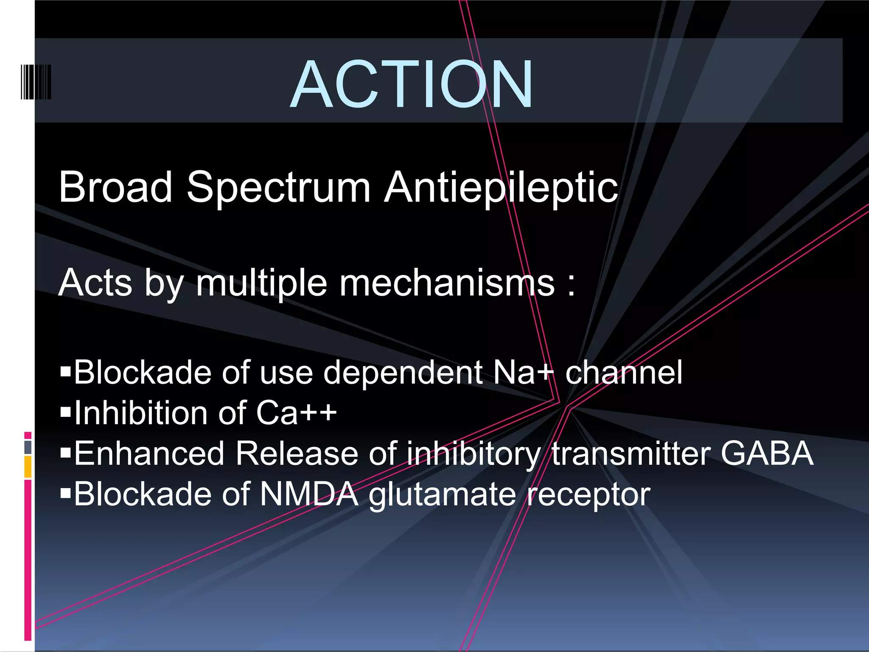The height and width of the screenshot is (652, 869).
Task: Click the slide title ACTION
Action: click(x=412, y=84)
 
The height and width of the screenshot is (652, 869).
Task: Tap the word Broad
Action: click(x=115, y=187)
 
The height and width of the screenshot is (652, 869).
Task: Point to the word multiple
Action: click(x=261, y=283)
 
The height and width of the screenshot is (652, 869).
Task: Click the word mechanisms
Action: click(x=447, y=283)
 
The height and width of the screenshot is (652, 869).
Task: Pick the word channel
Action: click(x=624, y=373)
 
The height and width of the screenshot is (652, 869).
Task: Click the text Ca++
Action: click(x=296, y=413)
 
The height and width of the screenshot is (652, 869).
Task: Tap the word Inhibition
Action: click(x=143, y=413)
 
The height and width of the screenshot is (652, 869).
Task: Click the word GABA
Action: click(x=767, y=453)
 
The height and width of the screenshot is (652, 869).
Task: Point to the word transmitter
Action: click(x=631, y=453)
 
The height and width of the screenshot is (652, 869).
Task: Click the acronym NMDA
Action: click(x=309, y=494)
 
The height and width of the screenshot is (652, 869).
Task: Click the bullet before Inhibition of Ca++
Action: click(x=65, y=412)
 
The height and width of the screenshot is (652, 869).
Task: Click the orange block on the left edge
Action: click(x=28, y=467)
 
